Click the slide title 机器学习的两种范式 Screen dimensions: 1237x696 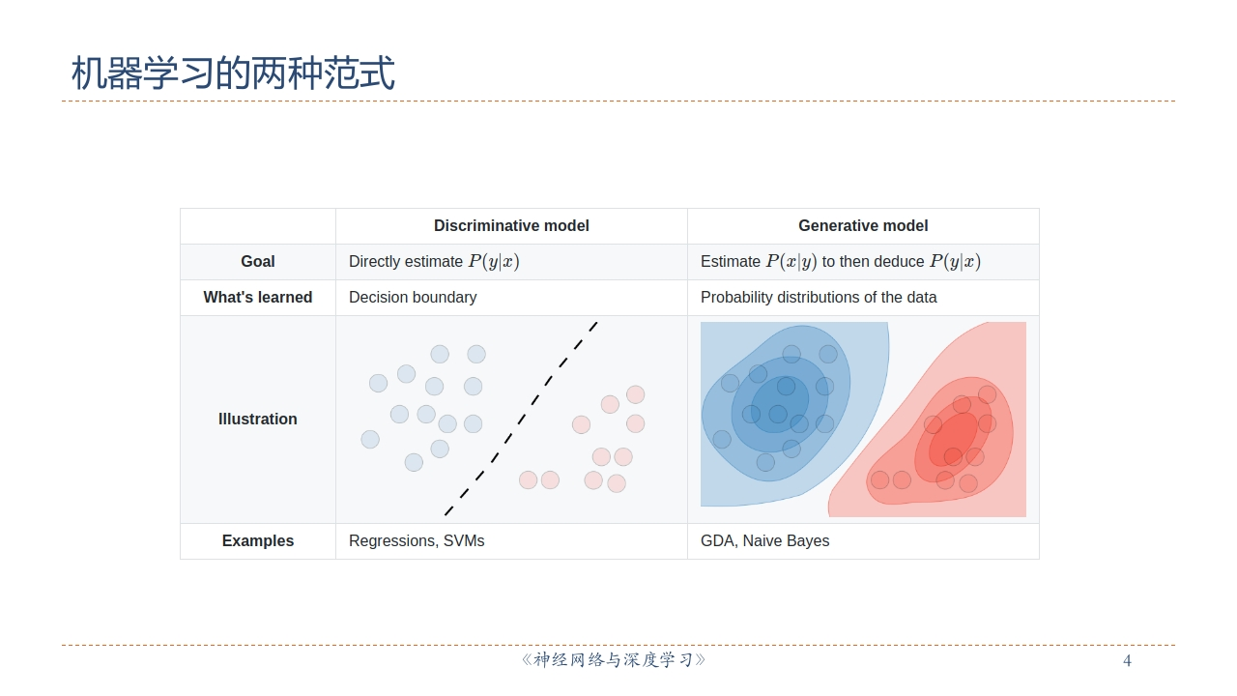click(233, 72)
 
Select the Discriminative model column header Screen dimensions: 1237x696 click(511, 226)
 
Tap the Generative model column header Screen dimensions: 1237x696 click(863, 226)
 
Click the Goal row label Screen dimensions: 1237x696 click(258, 261)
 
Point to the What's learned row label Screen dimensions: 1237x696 click(258, 297)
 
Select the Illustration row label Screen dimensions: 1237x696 click(258, 420)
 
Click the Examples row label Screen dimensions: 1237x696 click(258, 540)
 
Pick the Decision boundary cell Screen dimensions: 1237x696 click(413, 297)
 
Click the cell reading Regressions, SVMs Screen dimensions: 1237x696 click(417, 540)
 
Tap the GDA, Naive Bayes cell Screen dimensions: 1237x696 click(764, 540)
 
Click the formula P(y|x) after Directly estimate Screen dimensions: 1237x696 click(494, 261)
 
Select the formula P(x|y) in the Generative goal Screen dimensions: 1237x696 click(791, 261)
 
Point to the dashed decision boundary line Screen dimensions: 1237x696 click(521, 420)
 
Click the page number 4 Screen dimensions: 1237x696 click(1127, 660)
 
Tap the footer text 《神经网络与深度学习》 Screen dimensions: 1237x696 click(614, 660)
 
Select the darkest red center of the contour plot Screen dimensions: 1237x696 click(953, 440)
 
